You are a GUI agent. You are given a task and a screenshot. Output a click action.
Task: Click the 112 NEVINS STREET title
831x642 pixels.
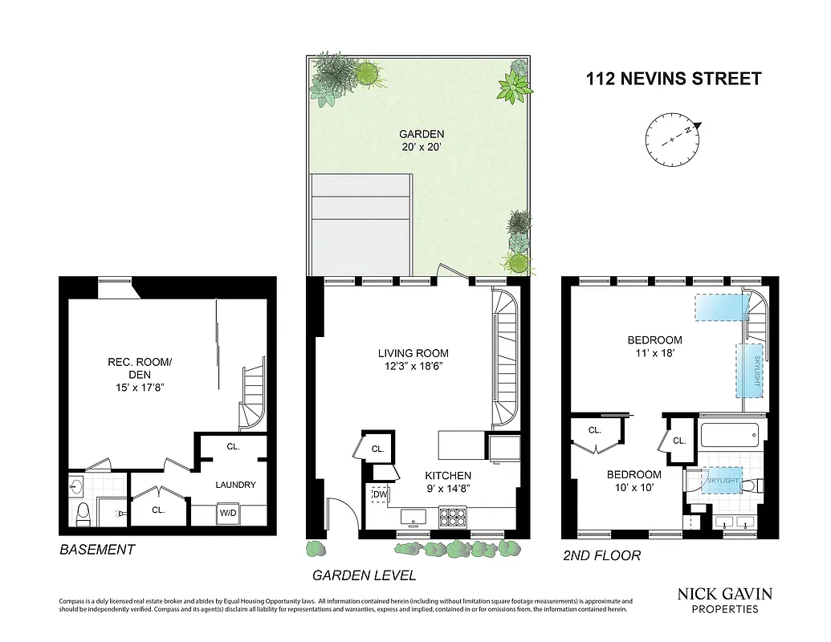click(x=673, y=79)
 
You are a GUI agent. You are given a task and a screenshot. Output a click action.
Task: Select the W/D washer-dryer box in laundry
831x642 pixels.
click(x=228, y=514)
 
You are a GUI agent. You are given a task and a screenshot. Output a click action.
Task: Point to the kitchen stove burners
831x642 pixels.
click(x=452, y=518)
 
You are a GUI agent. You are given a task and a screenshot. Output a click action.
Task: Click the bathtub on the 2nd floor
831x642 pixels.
click(x=729, y=437)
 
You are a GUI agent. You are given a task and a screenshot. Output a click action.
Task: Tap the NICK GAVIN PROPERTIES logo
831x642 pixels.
click(x=725, y=599)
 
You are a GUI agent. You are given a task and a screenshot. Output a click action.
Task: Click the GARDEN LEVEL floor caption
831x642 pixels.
click(x=364, y=575)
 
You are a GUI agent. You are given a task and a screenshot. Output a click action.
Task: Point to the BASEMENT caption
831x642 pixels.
click(x=97, y=550)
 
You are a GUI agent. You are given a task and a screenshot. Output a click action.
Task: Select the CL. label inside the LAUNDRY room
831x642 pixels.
click(x=234, y=447)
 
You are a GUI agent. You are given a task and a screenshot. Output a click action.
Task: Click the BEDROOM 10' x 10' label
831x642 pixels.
click(x=633, y=481)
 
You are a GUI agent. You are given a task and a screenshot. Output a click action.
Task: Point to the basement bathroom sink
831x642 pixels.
click(x=78, y=486)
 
